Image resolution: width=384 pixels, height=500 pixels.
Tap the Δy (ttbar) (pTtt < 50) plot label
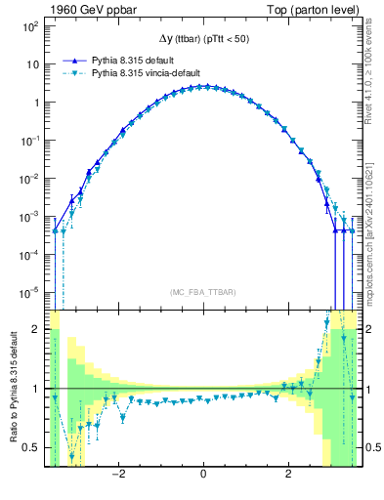[202, 39]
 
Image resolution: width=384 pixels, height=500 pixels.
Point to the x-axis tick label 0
[202, 478]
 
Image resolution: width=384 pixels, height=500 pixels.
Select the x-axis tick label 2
[287, 478]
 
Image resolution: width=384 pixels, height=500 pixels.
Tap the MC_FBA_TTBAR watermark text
[202, 293]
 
